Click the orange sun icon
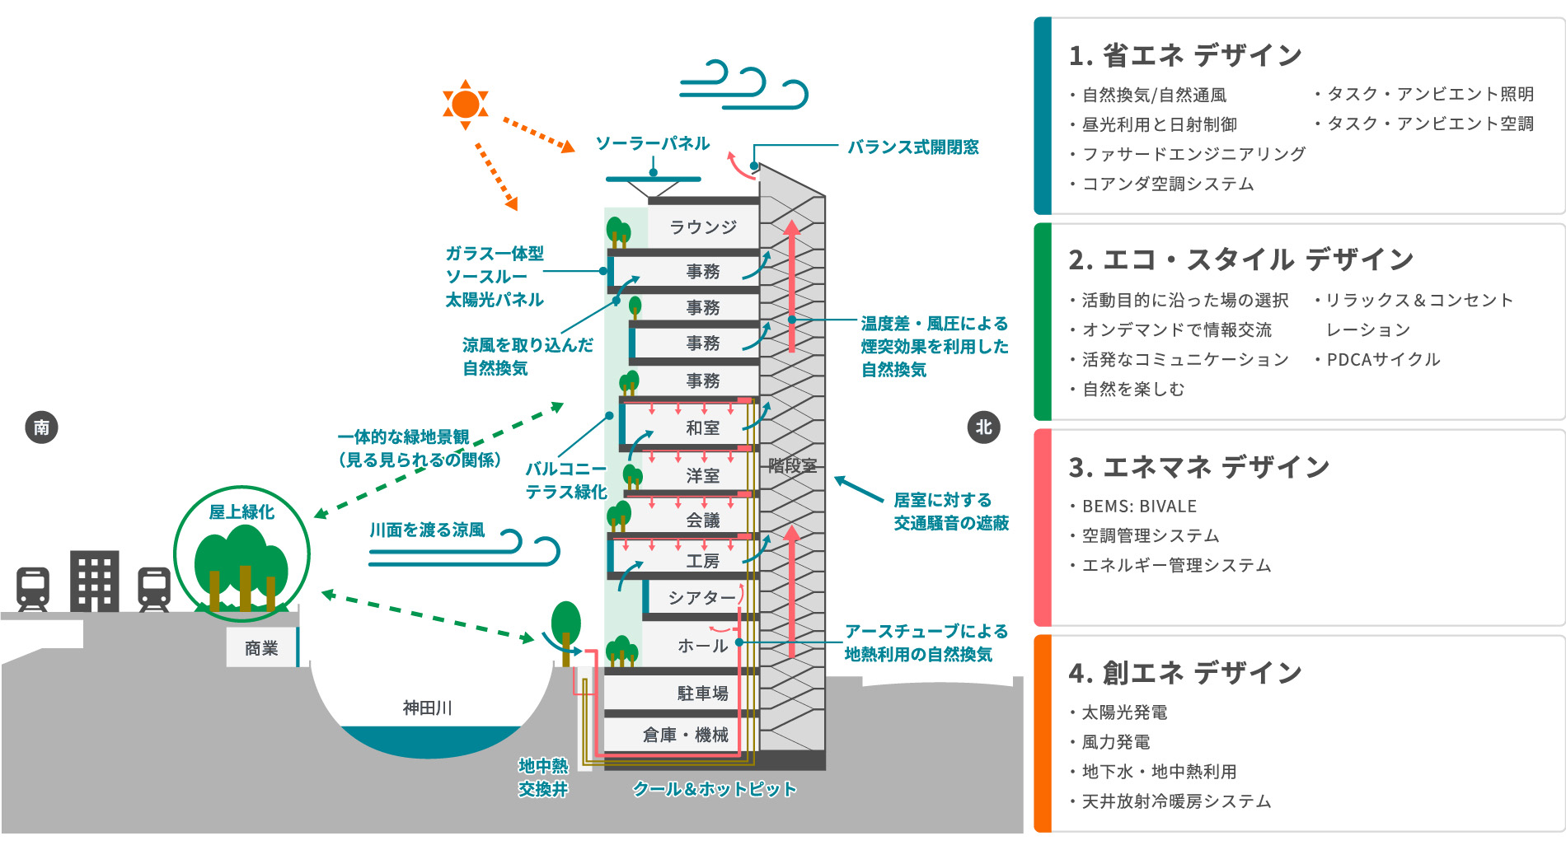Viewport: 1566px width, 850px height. pos(466,105)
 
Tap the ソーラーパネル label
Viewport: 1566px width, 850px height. pos(653,144)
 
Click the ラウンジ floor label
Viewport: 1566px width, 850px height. pos(703,227)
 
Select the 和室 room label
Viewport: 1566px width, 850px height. pos(703,427)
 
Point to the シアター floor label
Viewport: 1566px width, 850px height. pos(701,597)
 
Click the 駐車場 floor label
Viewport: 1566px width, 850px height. pos(703,694)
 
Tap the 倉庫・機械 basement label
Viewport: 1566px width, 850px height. pos(686,735)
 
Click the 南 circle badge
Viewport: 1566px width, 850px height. pos(41,427)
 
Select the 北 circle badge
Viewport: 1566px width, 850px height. pos(983,427)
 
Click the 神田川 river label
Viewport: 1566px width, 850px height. pos(427,708)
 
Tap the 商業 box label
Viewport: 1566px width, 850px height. pos(261,648)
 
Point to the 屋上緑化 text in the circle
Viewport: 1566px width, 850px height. pos(241,512)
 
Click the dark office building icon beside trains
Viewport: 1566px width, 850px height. pos(95,581)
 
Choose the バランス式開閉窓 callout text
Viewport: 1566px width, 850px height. pos(913,147)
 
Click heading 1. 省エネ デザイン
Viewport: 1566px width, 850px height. pos(1185,56)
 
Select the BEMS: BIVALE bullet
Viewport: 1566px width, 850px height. pos(1139,507)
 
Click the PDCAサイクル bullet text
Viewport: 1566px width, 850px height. pos(1383,360)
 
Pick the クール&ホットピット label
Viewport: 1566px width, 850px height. pos(715,789)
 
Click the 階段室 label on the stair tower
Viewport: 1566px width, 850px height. pos(792,465)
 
